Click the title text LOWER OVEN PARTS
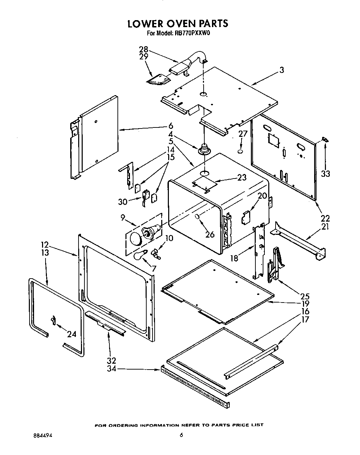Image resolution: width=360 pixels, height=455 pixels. click(178, 24)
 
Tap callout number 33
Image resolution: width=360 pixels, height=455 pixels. click(325, 174)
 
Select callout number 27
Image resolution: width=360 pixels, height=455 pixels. click(243, 134)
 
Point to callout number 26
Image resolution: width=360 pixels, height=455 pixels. click(210, 234)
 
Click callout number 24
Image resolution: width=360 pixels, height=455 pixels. click(72, 334)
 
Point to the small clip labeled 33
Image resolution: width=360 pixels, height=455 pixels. click(325, 140)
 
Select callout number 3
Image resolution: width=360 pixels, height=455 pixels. click(281, 70)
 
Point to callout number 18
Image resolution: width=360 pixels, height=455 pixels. click(235, 258)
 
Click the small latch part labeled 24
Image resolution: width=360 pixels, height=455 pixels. click(53, 320)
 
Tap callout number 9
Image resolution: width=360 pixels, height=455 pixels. click(123, 218)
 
